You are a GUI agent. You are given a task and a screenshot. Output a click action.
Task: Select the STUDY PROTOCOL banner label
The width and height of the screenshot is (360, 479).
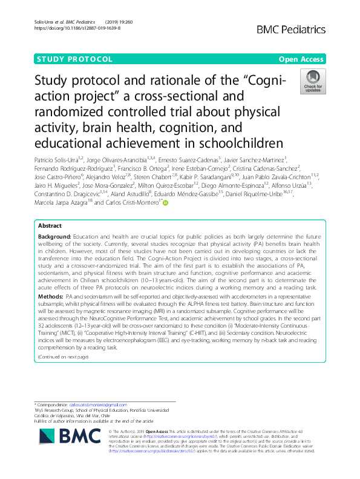[x=74, y=59]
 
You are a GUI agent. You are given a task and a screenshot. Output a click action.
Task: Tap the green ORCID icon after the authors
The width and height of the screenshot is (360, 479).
[x=165, y=204]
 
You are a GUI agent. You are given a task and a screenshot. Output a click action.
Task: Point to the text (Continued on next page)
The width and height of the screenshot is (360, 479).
[x=64, y=357]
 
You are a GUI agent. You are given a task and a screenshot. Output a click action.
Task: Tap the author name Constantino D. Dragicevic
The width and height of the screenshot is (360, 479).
[x=64, y=195]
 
